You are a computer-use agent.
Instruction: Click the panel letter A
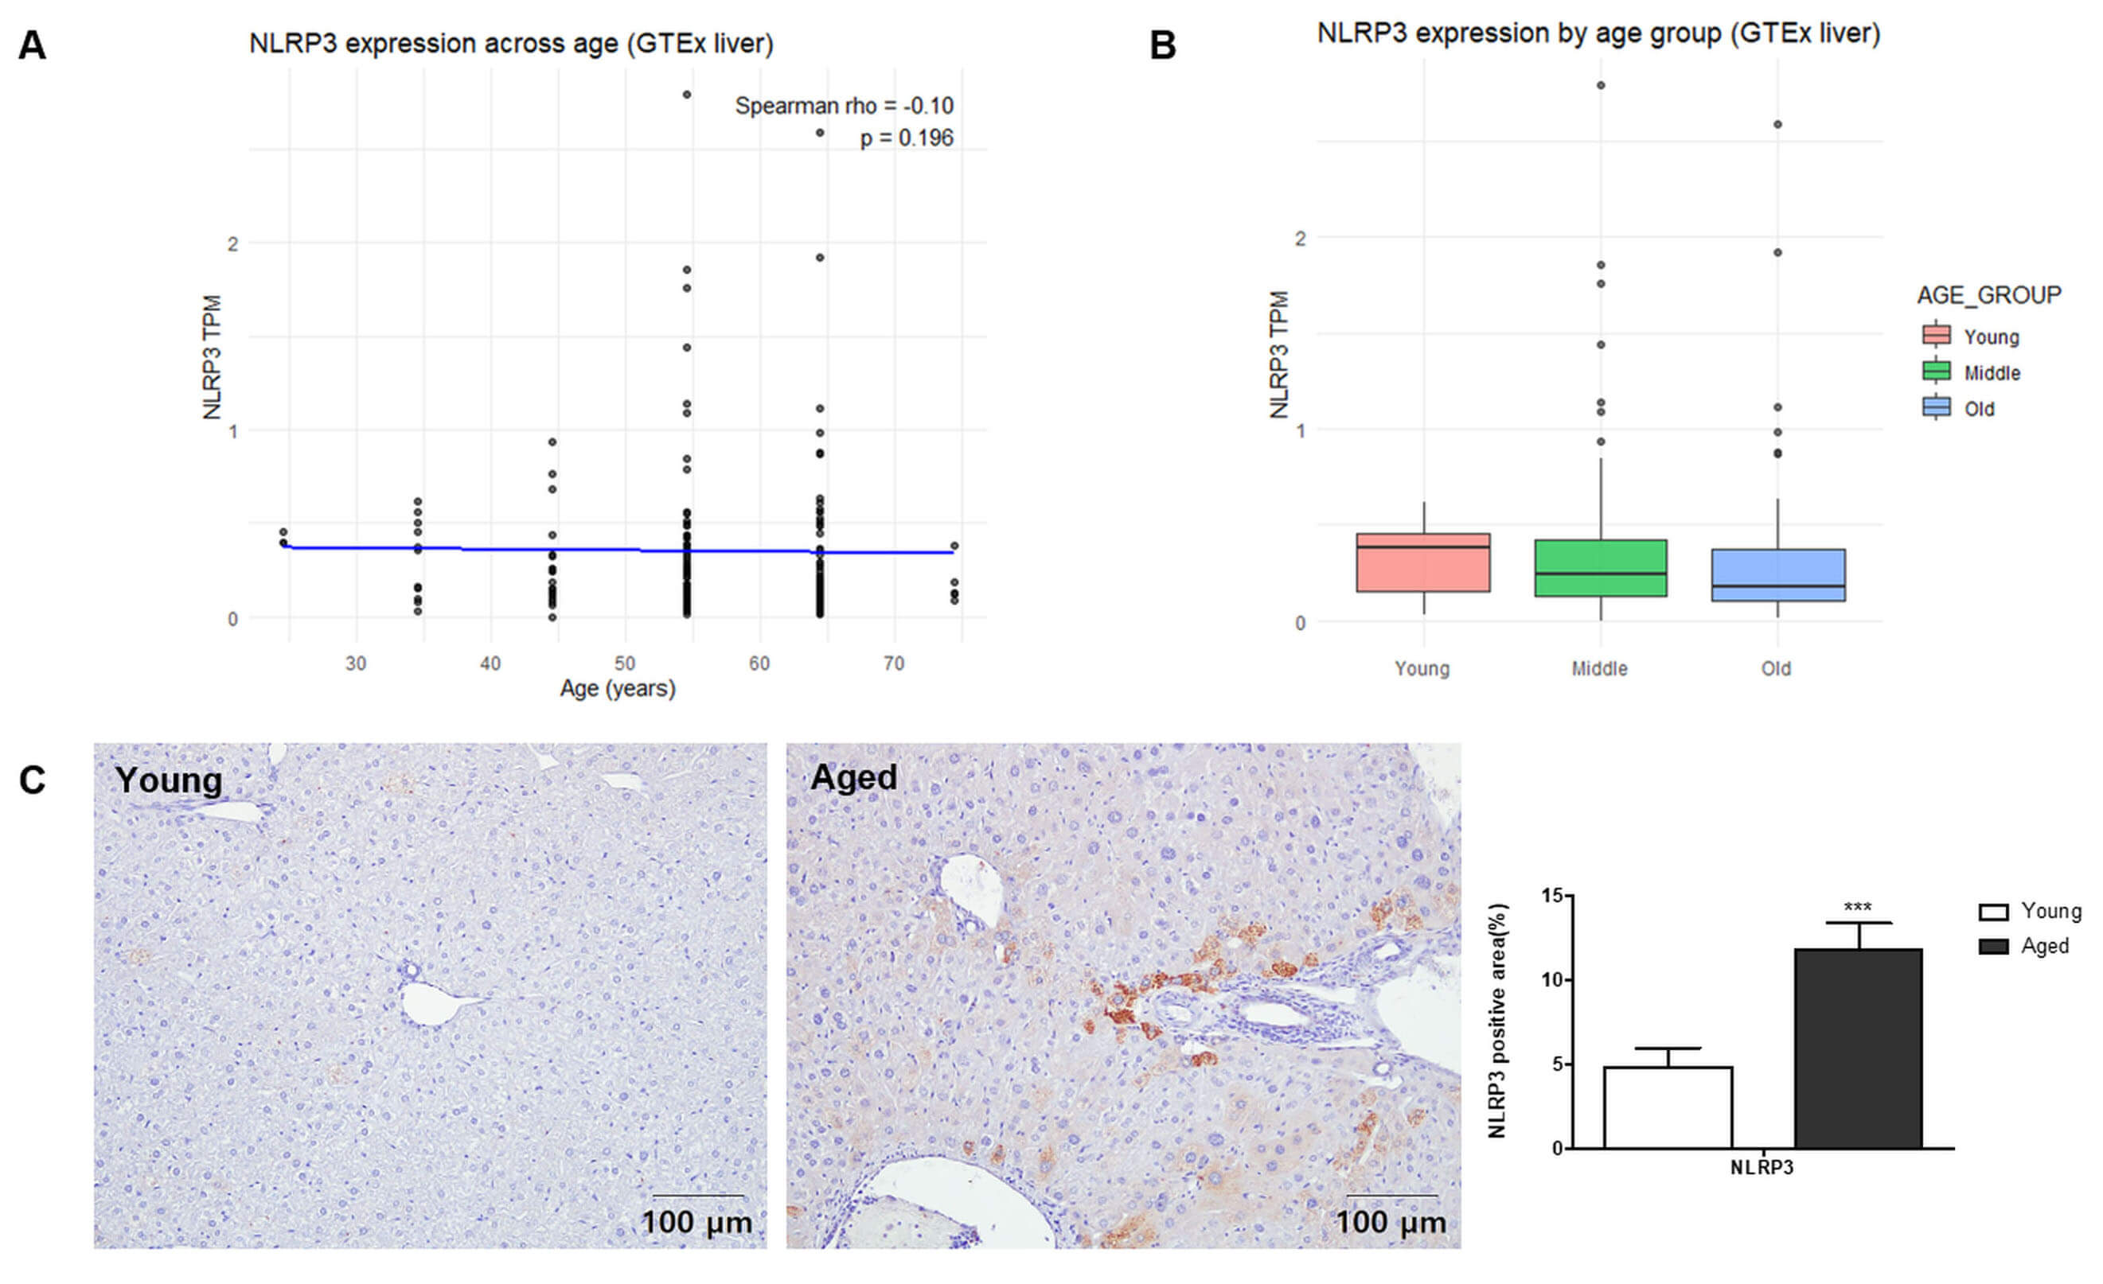pos(32,45)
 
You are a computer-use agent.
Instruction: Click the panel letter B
pos(1162,45)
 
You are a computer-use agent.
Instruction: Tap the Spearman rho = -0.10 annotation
pos(843,106)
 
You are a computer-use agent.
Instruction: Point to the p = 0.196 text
pos(906,138)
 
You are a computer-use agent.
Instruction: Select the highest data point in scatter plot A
pos(686,95)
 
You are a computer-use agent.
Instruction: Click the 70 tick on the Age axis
pos(893,663)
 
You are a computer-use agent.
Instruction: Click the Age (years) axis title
pos(617,688)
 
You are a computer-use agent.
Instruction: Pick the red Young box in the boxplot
pos(1422,563)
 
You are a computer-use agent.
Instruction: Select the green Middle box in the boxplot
pos(1600,567)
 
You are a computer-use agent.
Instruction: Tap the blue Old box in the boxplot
pos(1777,575)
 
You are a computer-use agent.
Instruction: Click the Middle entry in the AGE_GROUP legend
pos(1992,373)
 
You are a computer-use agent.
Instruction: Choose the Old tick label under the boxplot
pos(1776,668)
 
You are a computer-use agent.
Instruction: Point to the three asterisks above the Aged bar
pos(1857,907)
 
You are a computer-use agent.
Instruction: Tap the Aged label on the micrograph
pos(853,777)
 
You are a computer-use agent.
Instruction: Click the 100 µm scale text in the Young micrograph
pos(696,1222)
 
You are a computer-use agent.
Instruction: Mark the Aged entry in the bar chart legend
pos(2043,946)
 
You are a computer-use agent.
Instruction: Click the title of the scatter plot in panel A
pos(510,44)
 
